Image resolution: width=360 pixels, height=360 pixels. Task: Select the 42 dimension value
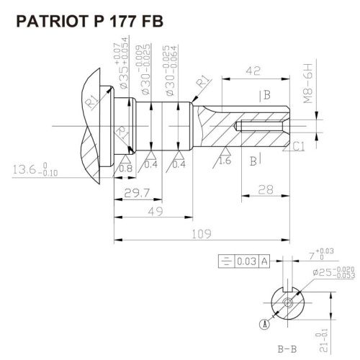(253, 71)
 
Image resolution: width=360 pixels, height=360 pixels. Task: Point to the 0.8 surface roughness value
(125, 168)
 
